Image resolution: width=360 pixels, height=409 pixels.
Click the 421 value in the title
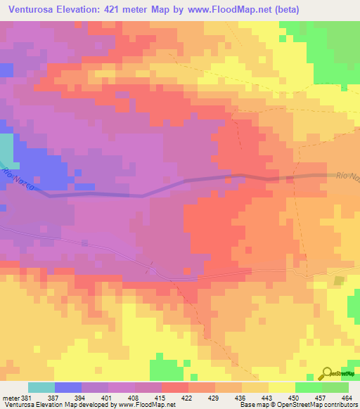click(127, 10)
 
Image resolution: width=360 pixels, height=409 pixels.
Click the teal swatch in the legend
click(41, 387)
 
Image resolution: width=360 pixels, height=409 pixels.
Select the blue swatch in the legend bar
click(68, 387)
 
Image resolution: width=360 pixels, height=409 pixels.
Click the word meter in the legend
click(11, 398)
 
